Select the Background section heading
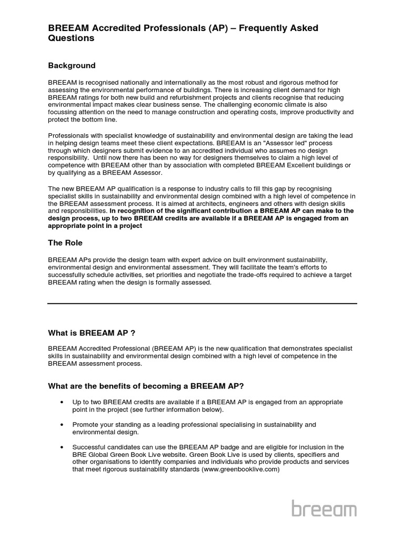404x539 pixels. click(72, 66)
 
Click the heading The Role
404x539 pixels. click(65, 243)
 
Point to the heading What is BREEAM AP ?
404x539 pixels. click(95, 333)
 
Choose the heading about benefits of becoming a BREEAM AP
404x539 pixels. click(146, 386)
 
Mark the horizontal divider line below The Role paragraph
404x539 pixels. click(202, 304)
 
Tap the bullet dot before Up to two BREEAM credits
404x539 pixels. click(62, 402)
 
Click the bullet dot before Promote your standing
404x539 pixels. click(62, 424)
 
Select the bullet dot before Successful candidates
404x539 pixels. click(62, 447)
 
